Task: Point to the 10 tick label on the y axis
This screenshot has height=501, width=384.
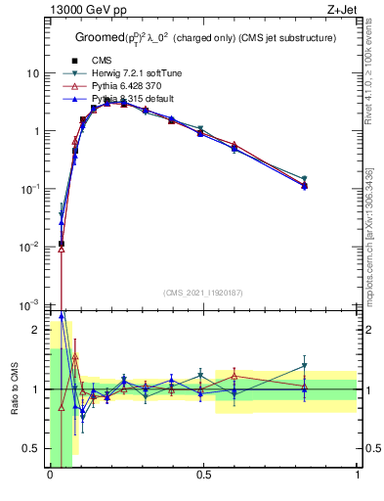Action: (x=33, y=73)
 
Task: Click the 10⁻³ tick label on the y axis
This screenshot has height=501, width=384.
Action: (x=31, y=304)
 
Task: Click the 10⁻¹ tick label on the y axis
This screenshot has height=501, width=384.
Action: (x=31, y=189)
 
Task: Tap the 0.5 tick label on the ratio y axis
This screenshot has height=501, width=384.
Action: (x=32, y=448)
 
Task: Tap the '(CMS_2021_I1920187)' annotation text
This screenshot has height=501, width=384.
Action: (x=203, y=293)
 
